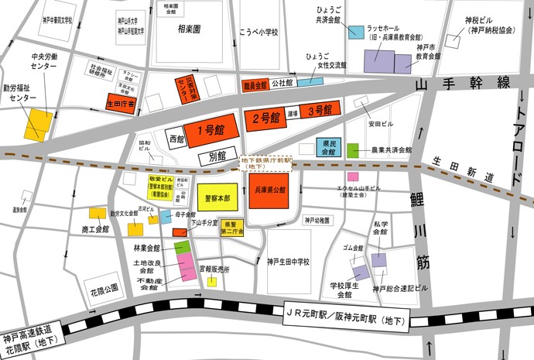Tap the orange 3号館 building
click(320, 111)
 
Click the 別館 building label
click(217, 156)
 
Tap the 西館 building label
click(176, 140)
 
